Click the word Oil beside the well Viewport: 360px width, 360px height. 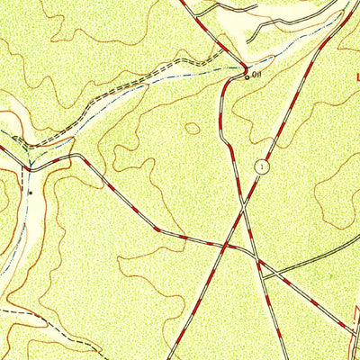[257, 76]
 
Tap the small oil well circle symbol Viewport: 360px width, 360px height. [247, 77]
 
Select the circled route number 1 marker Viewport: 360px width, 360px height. [261, 166]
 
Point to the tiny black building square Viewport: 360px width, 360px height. [30, 193]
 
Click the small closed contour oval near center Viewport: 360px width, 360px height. [193, 129]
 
